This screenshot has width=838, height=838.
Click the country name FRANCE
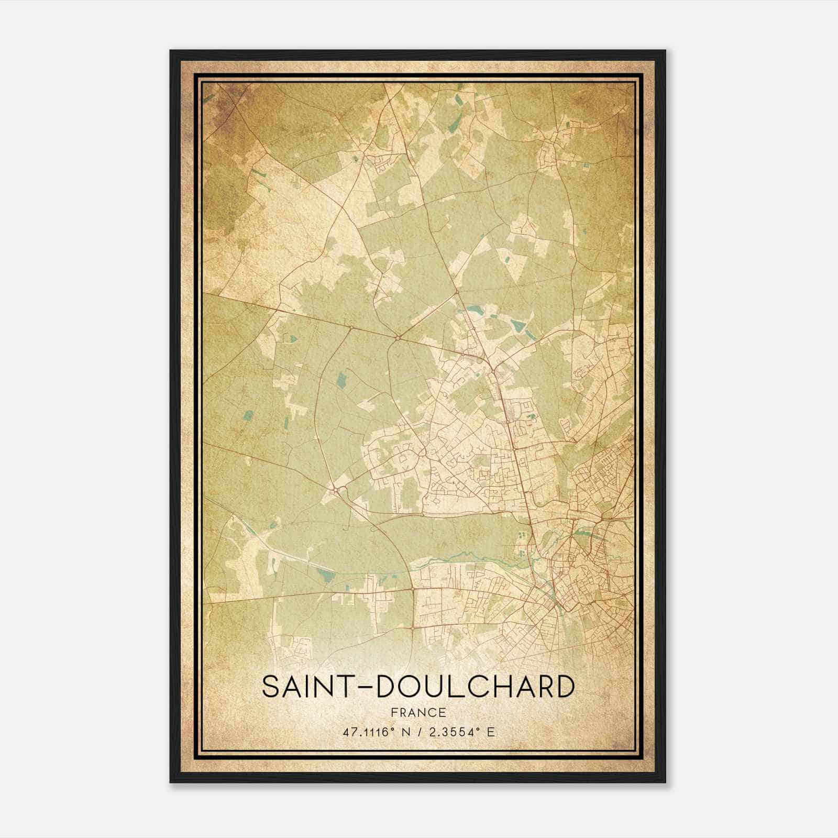pyautogui.click(x=417, y=712)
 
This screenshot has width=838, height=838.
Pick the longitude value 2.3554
pyautogui.click(x=450, y=732)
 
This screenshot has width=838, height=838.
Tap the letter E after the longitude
pyautogui.click(x=490, y=732)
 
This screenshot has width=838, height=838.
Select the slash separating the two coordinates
pyautogui.click(x=418, y=732)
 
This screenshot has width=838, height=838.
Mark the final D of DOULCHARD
pyautogui.click(x=564, y=687)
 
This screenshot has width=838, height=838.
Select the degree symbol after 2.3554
pyautogui.click(x=477, y=729)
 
